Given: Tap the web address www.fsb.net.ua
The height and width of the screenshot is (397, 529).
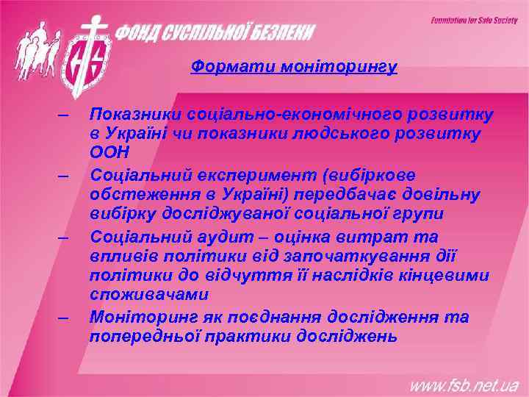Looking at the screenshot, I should pos(464,385).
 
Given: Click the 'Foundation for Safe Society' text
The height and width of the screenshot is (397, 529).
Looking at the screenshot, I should pos(473,21).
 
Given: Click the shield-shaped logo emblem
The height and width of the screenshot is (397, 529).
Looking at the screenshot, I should pos(87,63).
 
